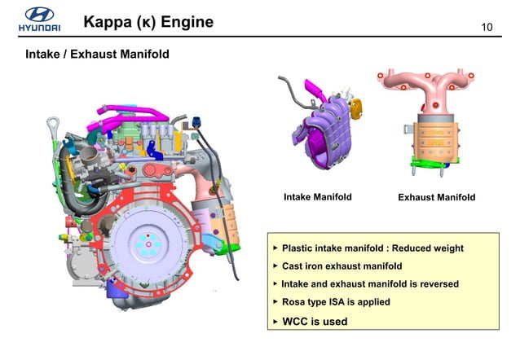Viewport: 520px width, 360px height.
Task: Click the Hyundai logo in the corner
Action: pyautogui.click(x=38, y=19)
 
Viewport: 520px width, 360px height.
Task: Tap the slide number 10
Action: pyautogui.click(x=488, y=29)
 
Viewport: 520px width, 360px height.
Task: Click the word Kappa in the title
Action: pyautogui.click(x=108, y=22)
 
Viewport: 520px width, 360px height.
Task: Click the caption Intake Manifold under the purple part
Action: pyautogui.click(x=317, y=197)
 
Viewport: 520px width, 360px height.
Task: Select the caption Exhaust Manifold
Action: pyautogui.click(x=436, y=197)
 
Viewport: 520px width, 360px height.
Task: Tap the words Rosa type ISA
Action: pyautogui.click(x=313, y=302)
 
